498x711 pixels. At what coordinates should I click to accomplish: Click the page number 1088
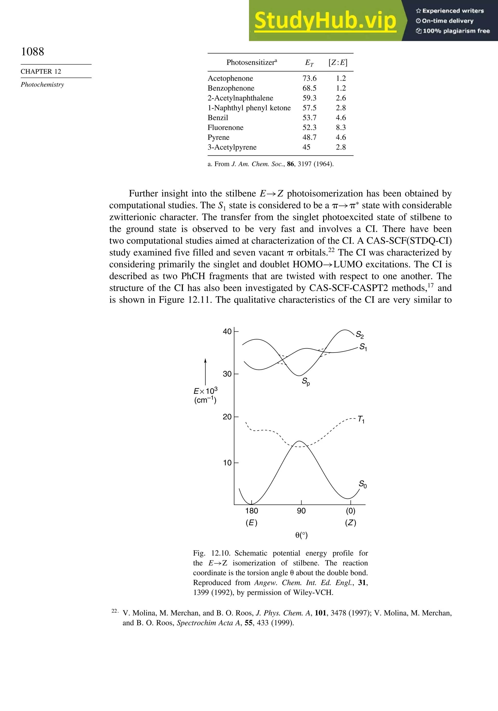tap(33, 52)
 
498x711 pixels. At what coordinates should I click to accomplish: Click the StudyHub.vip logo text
tap(325, 20)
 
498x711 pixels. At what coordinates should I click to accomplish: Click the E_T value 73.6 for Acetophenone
tap(309, 78)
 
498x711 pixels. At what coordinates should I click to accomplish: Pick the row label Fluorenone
tap(225, 128)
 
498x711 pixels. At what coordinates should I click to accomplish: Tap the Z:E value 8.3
tap(341, 128)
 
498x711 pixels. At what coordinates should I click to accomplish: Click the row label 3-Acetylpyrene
tap(232, 147)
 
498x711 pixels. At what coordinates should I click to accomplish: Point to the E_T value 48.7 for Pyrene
tap(309, 138)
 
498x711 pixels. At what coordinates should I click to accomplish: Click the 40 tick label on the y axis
tap(227, 332)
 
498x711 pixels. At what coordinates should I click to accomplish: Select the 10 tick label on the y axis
tap(227, 463)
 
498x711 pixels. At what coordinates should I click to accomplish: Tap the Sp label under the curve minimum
tap(306, 382)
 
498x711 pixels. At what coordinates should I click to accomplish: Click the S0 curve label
tap(363, 484)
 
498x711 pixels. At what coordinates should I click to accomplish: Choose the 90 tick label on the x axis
tap(301, 511)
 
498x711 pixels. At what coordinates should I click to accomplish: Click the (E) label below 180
tap(251, 523)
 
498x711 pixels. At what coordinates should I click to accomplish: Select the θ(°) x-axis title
tap(301, 535)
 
